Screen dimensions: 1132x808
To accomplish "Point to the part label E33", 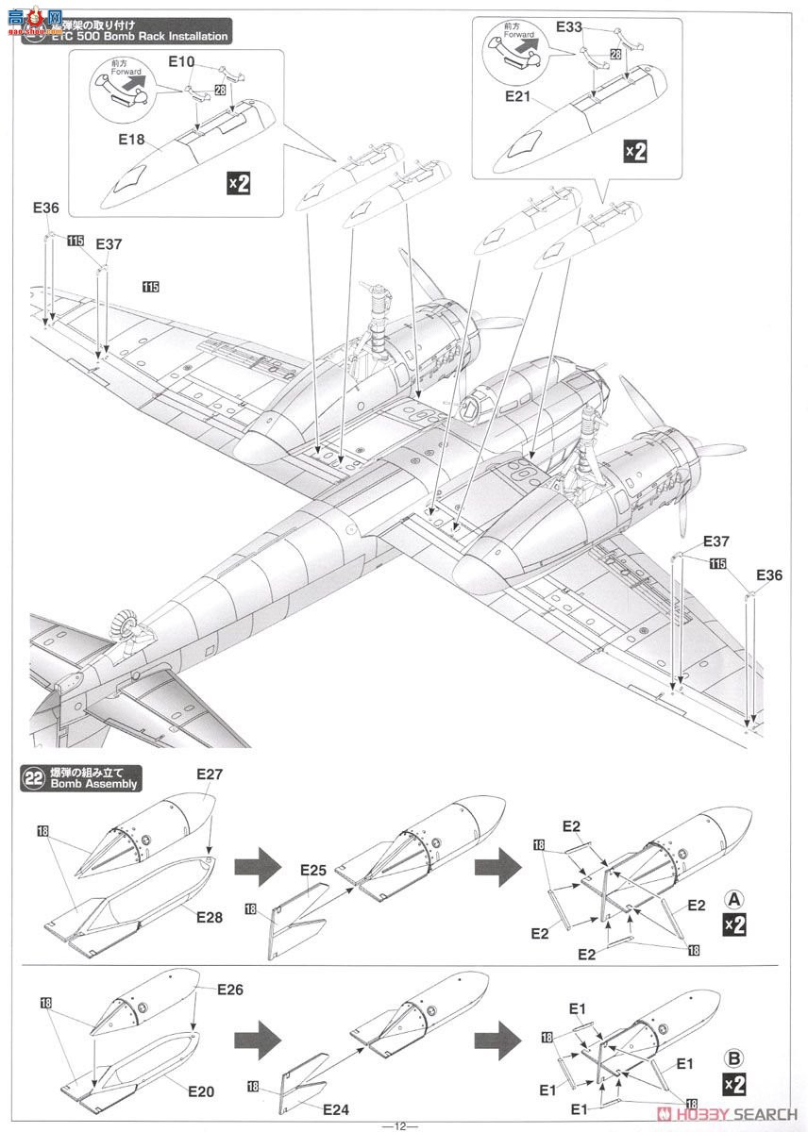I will click(569, 27).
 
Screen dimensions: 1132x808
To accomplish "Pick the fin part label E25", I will click(313, 869).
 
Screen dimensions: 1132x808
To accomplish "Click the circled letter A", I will click(733, 896).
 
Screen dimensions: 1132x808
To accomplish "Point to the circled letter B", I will click(733, 1055).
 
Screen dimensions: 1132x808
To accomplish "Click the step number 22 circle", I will click(34, 777).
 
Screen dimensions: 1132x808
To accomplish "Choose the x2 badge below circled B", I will click(733, 1082).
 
